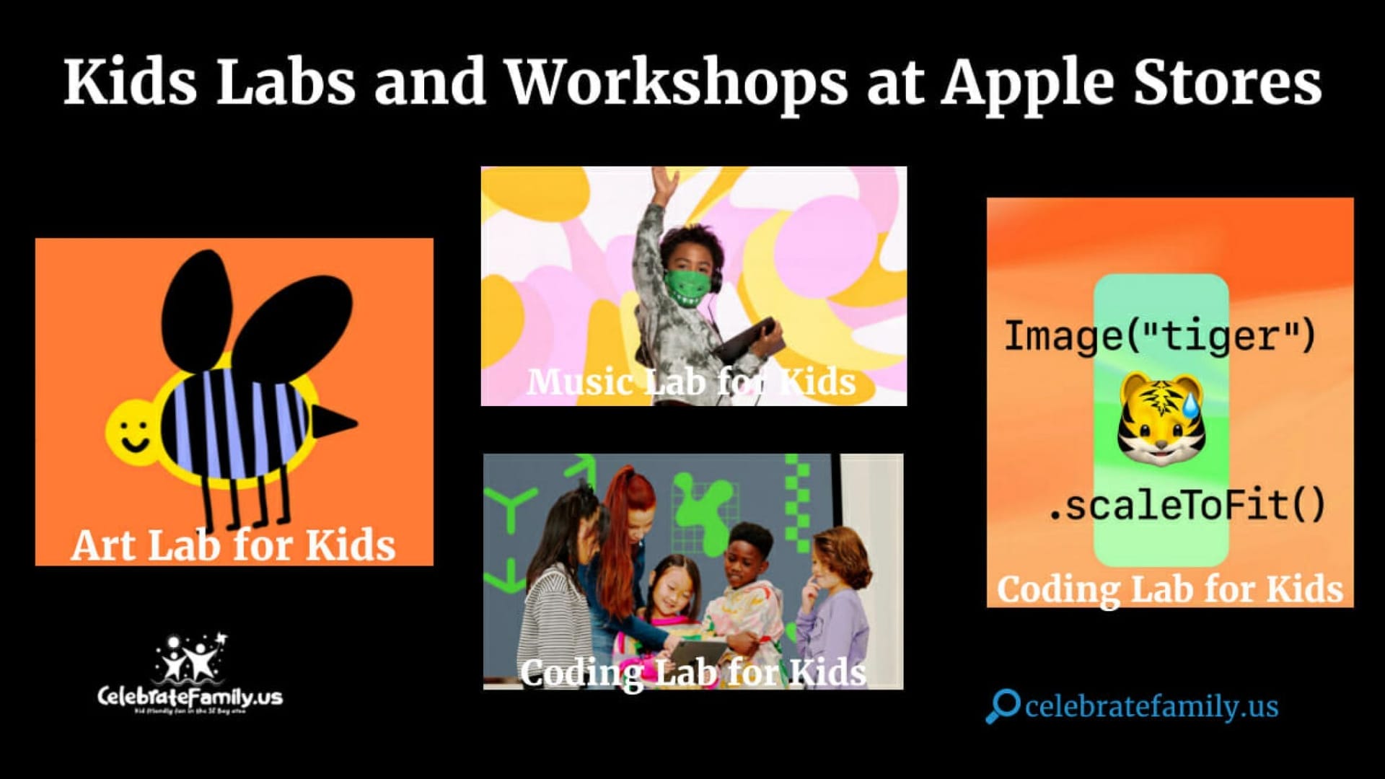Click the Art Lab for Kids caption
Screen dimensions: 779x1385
(x=233, y=545)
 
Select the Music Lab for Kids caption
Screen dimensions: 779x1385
(x=691, y=382)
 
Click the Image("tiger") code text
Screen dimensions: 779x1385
(x=1160, y=336)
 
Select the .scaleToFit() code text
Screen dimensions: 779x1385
(x=1186, y=505)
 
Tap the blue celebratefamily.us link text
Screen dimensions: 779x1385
(x=1151, y=707)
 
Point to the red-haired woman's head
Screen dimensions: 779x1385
(x=631, y=505)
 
